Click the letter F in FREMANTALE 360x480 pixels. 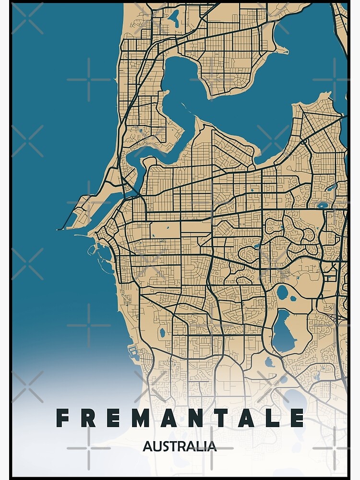tap(62, 418)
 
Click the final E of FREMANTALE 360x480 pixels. tap(298, 418)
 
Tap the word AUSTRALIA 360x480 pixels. tap(180, 446)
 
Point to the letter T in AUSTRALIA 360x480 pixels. tap(173, 446)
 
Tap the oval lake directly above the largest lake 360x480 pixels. tap(283, 291)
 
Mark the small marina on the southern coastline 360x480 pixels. tap(133, 353)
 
